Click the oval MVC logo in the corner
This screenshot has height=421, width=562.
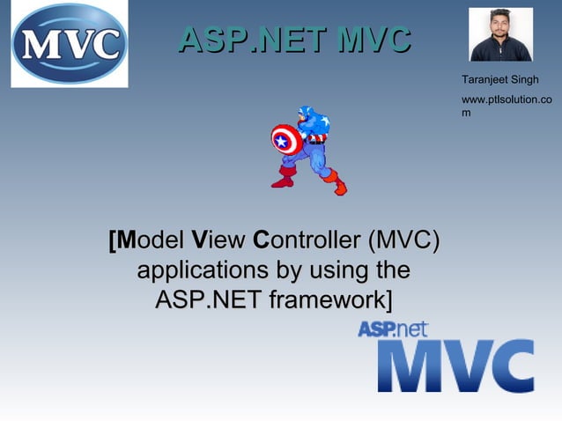point(68,44)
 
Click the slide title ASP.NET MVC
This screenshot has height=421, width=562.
point(294,39)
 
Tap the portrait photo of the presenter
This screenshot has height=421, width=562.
point(500,35)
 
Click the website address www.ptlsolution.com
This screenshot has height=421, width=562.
point(507,106)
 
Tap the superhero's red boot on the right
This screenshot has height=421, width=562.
point(335,183)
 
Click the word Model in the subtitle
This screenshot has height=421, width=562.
point(149,240)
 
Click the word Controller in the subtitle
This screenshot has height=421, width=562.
point(306,240)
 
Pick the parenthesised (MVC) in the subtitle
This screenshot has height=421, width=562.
point(403,240)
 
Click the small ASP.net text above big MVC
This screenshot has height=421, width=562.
point(393,329)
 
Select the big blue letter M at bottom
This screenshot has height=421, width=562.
point(410,366)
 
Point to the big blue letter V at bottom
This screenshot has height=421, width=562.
point(461,366)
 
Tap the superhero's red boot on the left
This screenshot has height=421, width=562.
point(284,178)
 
